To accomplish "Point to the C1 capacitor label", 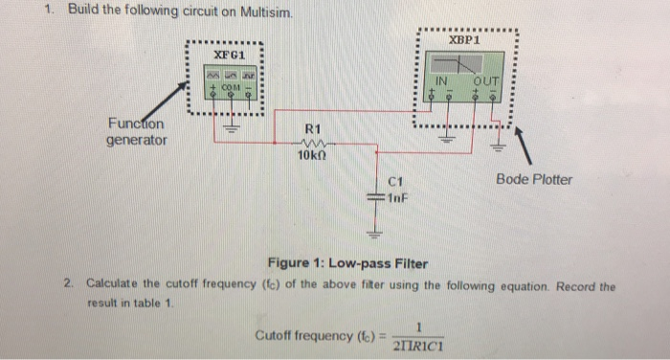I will point(399,181).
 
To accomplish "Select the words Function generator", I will point(136,132).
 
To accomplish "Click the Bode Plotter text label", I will point(534,179).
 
